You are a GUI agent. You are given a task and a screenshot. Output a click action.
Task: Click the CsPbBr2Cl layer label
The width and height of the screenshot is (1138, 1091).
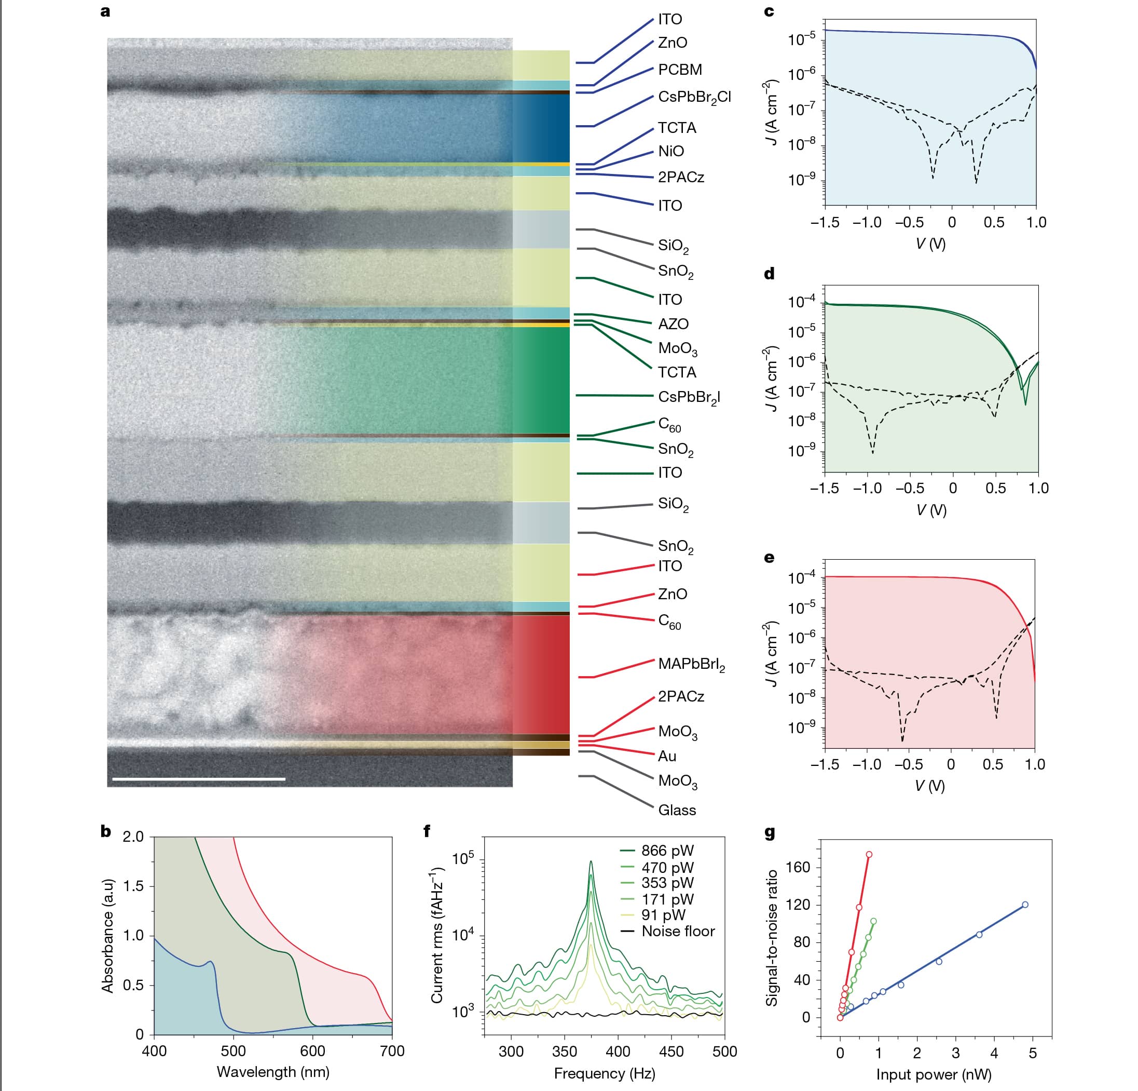pos(694,97)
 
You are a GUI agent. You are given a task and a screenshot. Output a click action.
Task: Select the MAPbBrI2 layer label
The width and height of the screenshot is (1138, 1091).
pos(691,664)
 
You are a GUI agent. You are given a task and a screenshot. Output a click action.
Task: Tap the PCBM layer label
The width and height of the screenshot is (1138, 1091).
pos(680,70)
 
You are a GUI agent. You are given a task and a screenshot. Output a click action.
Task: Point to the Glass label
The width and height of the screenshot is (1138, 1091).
pos(676,810)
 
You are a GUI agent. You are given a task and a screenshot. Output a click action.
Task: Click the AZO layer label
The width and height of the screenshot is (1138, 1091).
pos(673,324)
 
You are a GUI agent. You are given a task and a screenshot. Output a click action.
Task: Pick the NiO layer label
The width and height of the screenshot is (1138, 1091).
pos(670,152)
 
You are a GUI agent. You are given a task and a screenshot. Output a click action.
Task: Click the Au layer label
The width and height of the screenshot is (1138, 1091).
pos(667,756)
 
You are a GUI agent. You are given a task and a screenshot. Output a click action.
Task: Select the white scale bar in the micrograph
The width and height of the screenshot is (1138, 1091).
pos(199,778)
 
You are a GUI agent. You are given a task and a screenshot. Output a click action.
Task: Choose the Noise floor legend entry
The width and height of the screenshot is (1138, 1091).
pos(678,931)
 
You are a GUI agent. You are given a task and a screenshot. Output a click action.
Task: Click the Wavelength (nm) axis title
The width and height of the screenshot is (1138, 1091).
pos(273,1072)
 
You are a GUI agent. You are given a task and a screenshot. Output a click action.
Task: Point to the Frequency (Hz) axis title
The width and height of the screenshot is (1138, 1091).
pos(605,1073)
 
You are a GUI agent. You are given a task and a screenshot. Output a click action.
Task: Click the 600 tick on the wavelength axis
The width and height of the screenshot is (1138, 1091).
pos(312,1051)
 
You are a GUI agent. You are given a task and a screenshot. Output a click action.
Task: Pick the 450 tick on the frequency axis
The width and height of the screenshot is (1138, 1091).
pos(672,1051)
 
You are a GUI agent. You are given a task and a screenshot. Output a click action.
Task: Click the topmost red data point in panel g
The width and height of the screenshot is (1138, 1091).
pos(869,855)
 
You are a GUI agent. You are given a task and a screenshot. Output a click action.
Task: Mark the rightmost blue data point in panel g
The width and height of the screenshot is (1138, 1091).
pos(1025,905)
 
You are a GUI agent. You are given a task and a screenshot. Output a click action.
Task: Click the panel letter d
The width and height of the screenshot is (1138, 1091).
pos(770,274)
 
